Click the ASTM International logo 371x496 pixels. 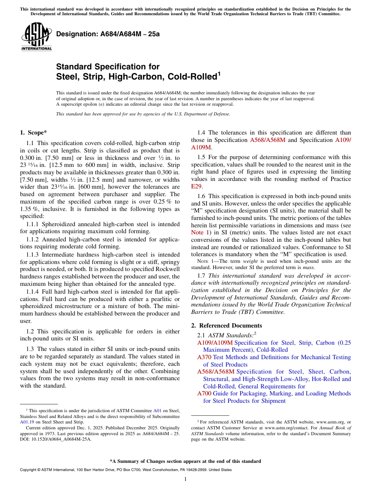coord(36,36)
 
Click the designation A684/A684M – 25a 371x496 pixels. coord(108,34)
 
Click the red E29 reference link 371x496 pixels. coord(196,186)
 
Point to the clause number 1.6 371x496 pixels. coord(201,197)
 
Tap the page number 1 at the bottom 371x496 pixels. coord(185,479)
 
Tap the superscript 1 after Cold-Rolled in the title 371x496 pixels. coord(219,73)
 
